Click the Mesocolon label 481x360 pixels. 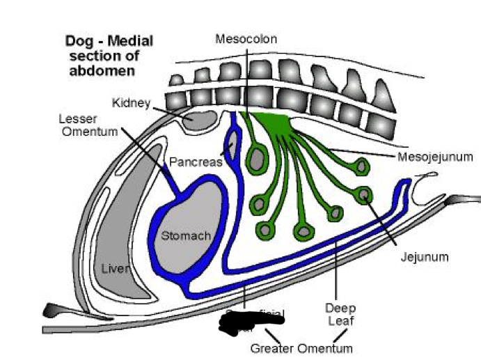[246, 39]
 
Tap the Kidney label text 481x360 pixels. [132, 103]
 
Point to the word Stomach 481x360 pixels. [186, 236]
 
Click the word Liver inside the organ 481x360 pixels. [113, 267]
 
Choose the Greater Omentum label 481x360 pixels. [301, 347]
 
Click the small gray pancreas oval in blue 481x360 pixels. [232, 143]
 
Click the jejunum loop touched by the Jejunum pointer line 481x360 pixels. [363, 194]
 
